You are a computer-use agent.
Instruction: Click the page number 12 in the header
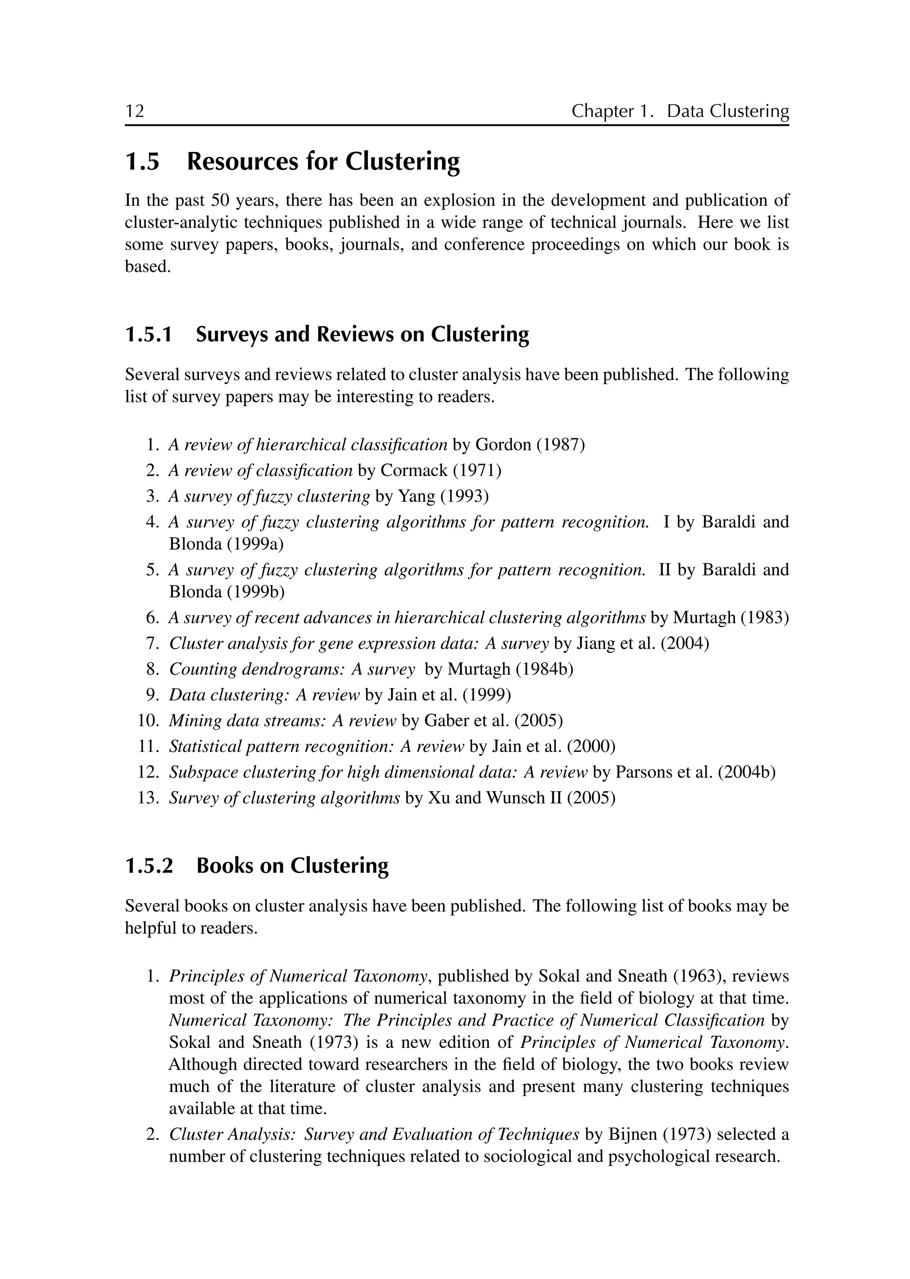135,111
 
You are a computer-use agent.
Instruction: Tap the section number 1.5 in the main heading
142,162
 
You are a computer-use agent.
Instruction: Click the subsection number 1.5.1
148,335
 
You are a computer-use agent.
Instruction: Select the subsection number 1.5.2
149,866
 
